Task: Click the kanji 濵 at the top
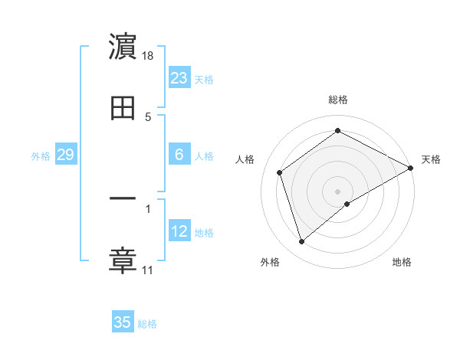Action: pyautogui.click(x=123, y=47)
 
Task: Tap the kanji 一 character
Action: pyautogui.click(x=123, y=199)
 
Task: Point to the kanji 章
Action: pyautogui.click(x=123, y=260)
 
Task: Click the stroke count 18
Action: pyautogui.click(x=148, y=56)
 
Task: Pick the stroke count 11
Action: pyautogui.click(x=147, y=270)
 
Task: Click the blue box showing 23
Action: pyautogui.click(x=179, y=78)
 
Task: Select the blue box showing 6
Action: pyautogui.click(x=179, y=155)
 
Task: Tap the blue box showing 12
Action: pyautogui.click(x=179, y=231)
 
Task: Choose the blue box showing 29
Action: pyautogui.click(x=65, y=155)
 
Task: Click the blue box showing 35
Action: pyautogui.click(x=123, y=322)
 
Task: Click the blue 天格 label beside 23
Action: pyautogui.click(x=204, y=80)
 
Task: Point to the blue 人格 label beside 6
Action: pyautogui.click(x=204, y=156)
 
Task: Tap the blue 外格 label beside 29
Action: pyautogui.click(x=41, y=156)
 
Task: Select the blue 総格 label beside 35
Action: pyautogui.click(x=147, y=324)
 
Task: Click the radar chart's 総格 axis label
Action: pyautogui.click(x=338, y=100)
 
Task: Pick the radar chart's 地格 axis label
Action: pyautogui.click(x=402, y=262)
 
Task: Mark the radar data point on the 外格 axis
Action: pyautogui.click(x=301, y=242)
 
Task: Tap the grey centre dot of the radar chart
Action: pyautogui.click(x=338, y=191)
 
